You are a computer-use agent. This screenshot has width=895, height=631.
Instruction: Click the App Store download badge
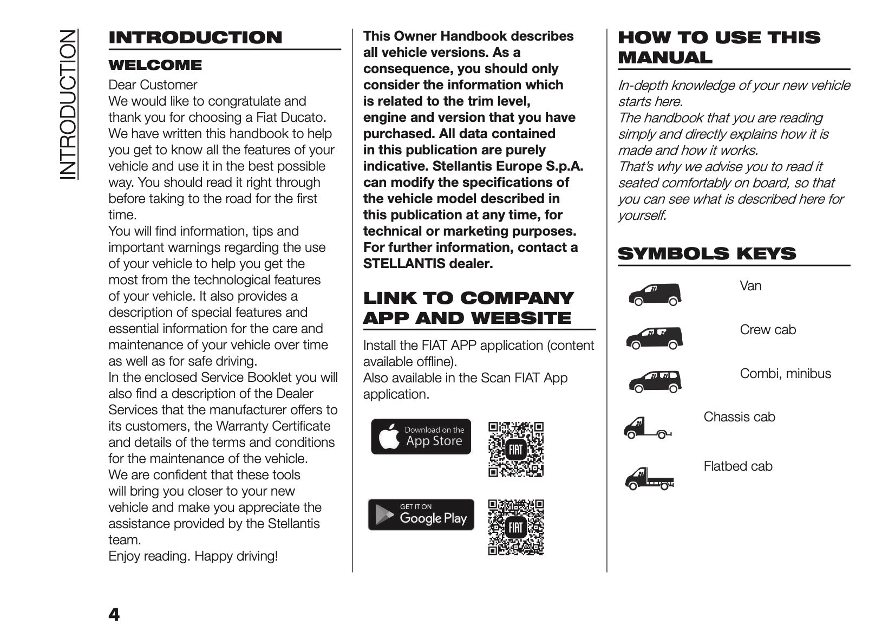pos(421,437)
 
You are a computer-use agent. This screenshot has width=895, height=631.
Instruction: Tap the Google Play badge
pos(421,515)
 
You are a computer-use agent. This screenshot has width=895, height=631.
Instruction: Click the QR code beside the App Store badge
pos(515,449)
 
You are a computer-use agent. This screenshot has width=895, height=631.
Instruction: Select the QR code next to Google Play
pos(515,528)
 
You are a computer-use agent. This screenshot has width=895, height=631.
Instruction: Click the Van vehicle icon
pos(655,295)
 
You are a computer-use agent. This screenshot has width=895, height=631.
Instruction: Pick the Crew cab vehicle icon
pos(655,339)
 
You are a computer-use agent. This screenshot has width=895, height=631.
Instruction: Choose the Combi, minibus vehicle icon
pos(655,382)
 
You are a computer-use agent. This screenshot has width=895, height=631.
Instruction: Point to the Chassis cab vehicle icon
pos(647,428)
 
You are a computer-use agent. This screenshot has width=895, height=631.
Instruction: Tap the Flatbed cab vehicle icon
pos(649,478)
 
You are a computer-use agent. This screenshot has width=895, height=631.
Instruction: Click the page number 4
pos(114,615)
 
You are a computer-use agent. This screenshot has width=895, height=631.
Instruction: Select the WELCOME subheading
pos(155,66)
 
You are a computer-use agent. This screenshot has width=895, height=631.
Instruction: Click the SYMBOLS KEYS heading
pos(707,253)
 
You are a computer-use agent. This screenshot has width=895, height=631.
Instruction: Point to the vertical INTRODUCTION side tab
pos(69,104)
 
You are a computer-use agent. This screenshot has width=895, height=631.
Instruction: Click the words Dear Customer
pos(153,85)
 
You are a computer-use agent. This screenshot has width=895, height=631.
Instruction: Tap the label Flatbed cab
pos(737,466)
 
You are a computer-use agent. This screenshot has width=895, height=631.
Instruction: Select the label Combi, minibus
pos(785,374)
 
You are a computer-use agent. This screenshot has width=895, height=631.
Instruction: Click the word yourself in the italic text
pos(641,216)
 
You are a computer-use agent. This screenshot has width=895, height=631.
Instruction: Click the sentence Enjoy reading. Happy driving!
pos(193,556)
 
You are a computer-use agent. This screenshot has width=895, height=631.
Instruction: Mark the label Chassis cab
pos(739,417)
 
